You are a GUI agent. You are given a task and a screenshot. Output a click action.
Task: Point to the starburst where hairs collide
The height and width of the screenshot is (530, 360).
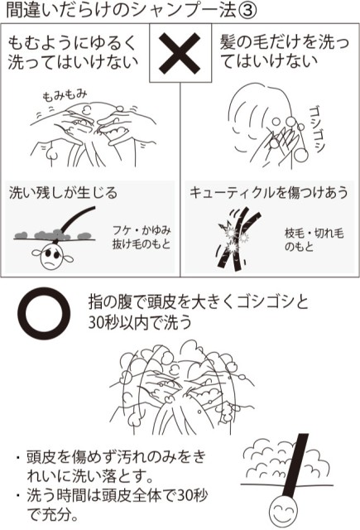(228, 239)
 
